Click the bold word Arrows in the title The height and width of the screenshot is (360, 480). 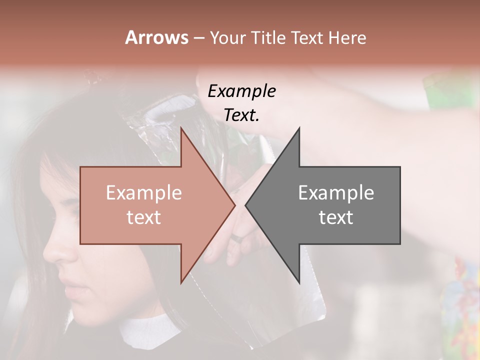(x=156, y=37)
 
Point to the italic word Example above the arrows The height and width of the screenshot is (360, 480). (x=242, y=91)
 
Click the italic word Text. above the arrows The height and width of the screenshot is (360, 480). (x=242, y=115)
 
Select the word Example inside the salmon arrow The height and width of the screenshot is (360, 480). (x=144, y=193)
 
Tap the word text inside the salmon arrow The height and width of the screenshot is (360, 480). (x=144, y=217)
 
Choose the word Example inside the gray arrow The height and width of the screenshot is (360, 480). (x=336, y=193)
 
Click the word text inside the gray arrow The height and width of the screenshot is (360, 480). (x=336, y=217)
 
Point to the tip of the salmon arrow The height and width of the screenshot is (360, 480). (x=235, y=205)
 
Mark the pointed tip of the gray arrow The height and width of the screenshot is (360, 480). (x=245, y=205)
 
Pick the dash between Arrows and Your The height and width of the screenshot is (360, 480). (x=198, y=38)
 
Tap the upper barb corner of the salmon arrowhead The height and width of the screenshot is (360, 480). (x=181, y=128)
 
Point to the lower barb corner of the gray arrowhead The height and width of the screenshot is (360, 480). (x=299, y=282)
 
